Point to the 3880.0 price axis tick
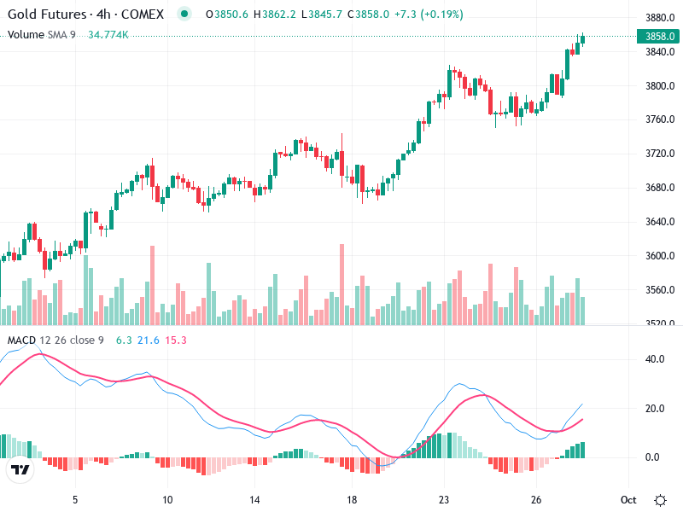click(x=660, y=18)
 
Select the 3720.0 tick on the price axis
click(x=660, y=154)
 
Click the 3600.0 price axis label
click(x=660, y=255)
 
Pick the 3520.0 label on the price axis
click(x=660, y=323)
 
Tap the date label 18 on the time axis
click(x=351, y=499)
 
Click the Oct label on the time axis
click(x=628, y=499)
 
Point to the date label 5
click(x=75, y=499)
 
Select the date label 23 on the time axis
click(x=444, y=499)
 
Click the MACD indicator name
click(x=22, y=340)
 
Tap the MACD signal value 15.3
click(x=175, y=340)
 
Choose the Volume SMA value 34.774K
click(x=108, y=34)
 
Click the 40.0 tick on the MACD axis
click(x=653, y=359)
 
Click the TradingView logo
click(x=20, y=470)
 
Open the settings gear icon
click(x=660, y=499)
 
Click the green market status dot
click(x=184, y=15)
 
